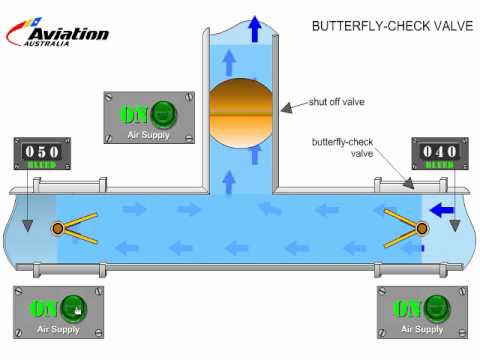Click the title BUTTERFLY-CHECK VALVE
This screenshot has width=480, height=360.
[x=391, y=26]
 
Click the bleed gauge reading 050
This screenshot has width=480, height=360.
[x=40, y=153]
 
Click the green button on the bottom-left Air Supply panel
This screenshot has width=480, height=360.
[x=72, y=308]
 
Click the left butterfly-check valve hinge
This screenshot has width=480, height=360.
[x=58, y=229]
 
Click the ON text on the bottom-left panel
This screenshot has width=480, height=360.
[x=44, y=308]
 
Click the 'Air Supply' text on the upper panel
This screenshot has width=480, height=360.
[x=149, y=134]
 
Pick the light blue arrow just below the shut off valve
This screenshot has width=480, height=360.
[x=229, y=181]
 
